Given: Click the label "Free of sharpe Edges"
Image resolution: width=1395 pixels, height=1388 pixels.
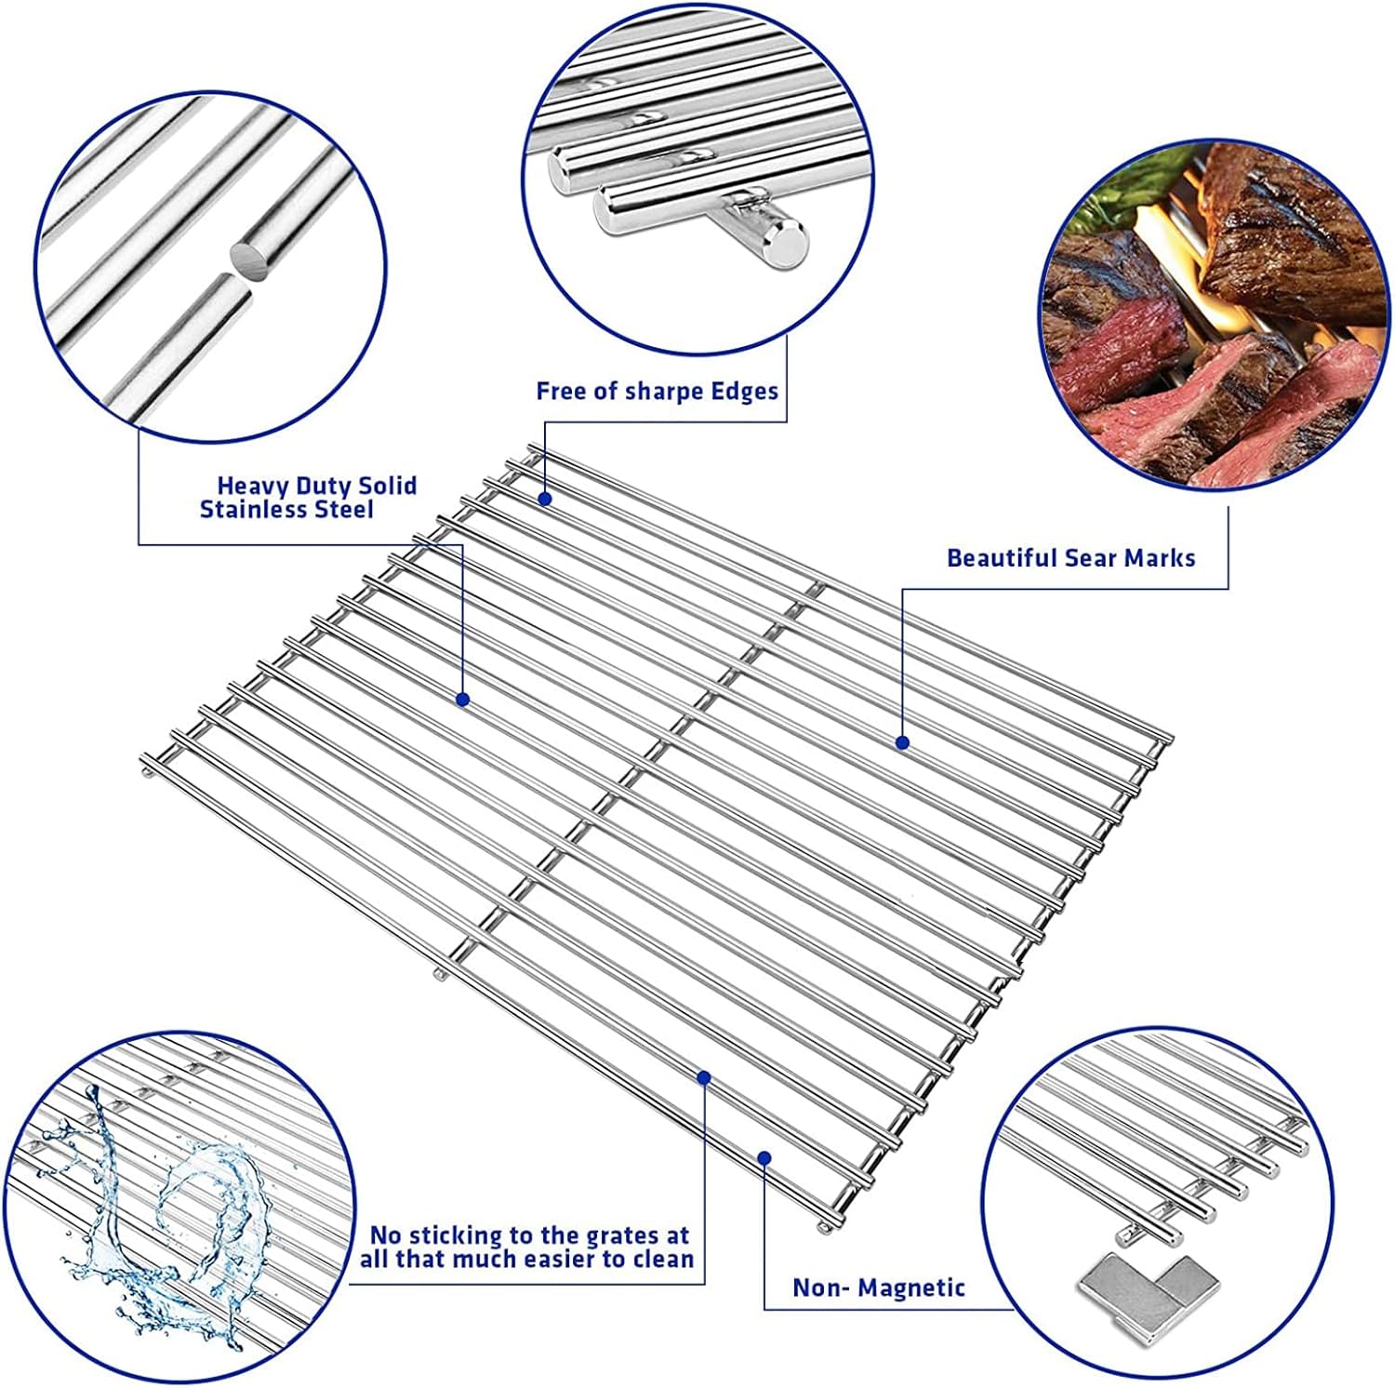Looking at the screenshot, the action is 657,392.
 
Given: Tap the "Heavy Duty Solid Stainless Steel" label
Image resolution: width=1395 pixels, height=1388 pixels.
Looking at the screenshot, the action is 308,497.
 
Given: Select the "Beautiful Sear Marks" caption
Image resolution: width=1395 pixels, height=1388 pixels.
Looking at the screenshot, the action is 1070,558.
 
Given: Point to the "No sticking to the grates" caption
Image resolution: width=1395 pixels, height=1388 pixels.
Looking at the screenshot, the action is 529,1235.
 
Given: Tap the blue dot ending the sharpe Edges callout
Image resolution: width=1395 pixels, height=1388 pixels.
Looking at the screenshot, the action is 546,499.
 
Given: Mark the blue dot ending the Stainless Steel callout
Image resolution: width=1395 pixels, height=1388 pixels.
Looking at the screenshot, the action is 462,699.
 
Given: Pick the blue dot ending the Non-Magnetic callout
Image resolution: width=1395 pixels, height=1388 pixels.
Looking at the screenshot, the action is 764,1157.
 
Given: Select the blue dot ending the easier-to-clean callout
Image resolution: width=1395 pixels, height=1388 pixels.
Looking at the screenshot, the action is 704,1077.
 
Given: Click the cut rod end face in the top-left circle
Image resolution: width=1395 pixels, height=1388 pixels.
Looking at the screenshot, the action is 248,258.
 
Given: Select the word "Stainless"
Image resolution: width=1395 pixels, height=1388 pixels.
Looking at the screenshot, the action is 253,510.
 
